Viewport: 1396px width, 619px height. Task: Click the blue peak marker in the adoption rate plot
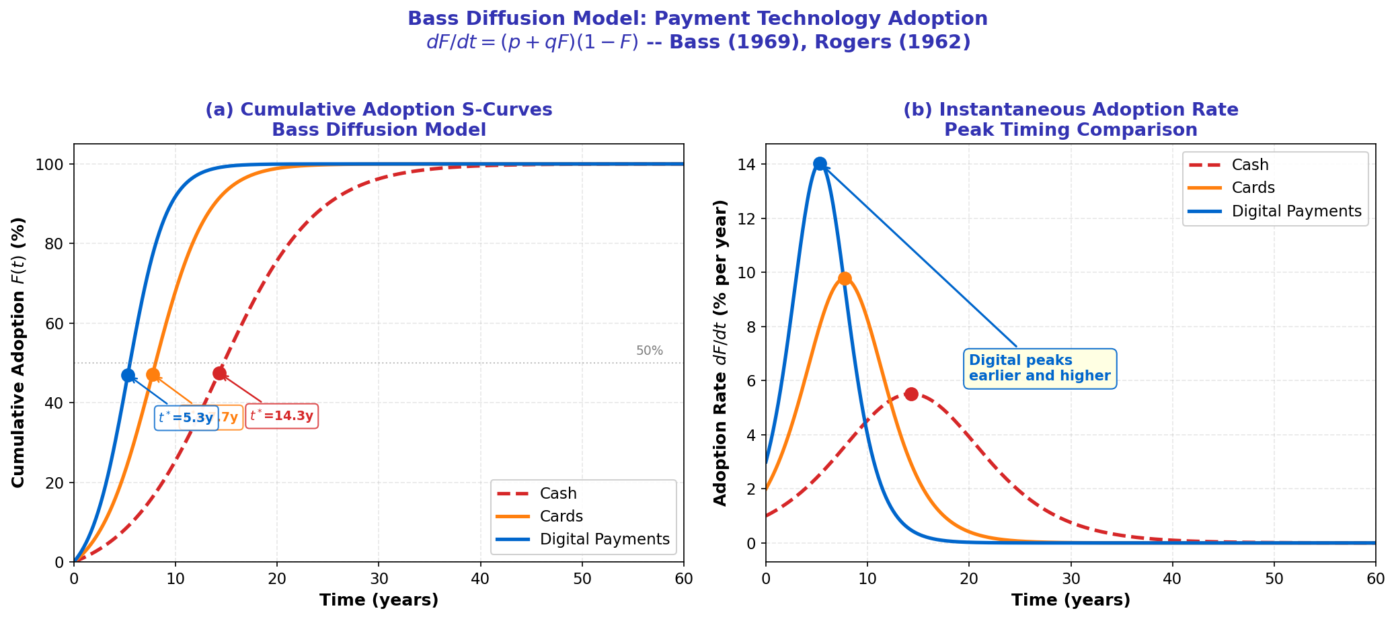pyautogui.click(x=820, y=163)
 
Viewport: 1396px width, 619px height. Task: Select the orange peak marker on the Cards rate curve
pyautogui.click(x=845, y=278)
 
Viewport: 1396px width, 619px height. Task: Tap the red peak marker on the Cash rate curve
pyautogui.click(x=911, y=394)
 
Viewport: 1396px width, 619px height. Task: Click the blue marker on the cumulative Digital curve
pyautogui.click(x=128, y=375)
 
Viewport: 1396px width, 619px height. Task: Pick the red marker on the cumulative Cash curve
pyautogui.click(x=219, y=373)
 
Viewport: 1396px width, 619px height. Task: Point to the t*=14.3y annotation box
pyautogui.click(x=282, y=416)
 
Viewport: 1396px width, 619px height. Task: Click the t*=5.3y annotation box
pyautogui.click(x=186, y=418)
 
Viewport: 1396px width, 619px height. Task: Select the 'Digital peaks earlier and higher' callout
pyautogui.click(x=1040, y=368)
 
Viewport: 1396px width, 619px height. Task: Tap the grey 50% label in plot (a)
pyautogui.click(x=649, y=351)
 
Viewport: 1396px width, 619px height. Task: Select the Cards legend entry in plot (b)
pyautogui.click(x=1253, y=188)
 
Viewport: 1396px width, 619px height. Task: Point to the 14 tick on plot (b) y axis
pyautogui.click(x=752, y=165)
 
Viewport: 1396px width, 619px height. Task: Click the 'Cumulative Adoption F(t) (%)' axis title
pyautogui.click(x=19, y=352)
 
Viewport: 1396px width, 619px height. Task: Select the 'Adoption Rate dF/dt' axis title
pyautogui.click(x=720, y=352)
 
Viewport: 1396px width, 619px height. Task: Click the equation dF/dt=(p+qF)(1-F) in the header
pyautogui.click(x=532, y=42)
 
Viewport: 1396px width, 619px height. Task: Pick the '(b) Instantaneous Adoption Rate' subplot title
pyautogui.click(x=1071, y=110)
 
